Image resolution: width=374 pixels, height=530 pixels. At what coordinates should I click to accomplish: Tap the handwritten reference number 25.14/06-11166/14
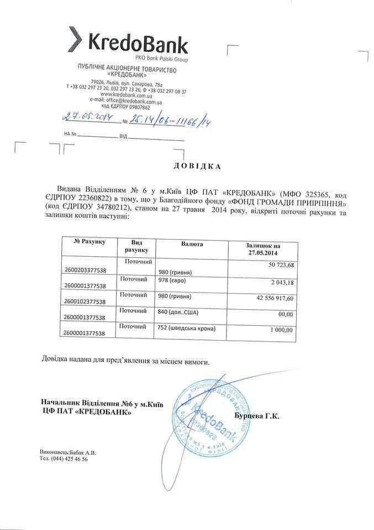click(x=169, y=120)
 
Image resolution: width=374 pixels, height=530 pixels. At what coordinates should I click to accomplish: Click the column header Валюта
click(x=192, y=243)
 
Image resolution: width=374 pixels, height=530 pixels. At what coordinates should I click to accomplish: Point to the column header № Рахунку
click(x=89, y=241)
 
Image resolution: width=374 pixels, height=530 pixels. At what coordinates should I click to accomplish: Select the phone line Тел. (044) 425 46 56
click(x=64, y=459)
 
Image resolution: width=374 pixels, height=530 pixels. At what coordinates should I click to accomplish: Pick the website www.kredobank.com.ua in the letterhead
click(x=127, y=97)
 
